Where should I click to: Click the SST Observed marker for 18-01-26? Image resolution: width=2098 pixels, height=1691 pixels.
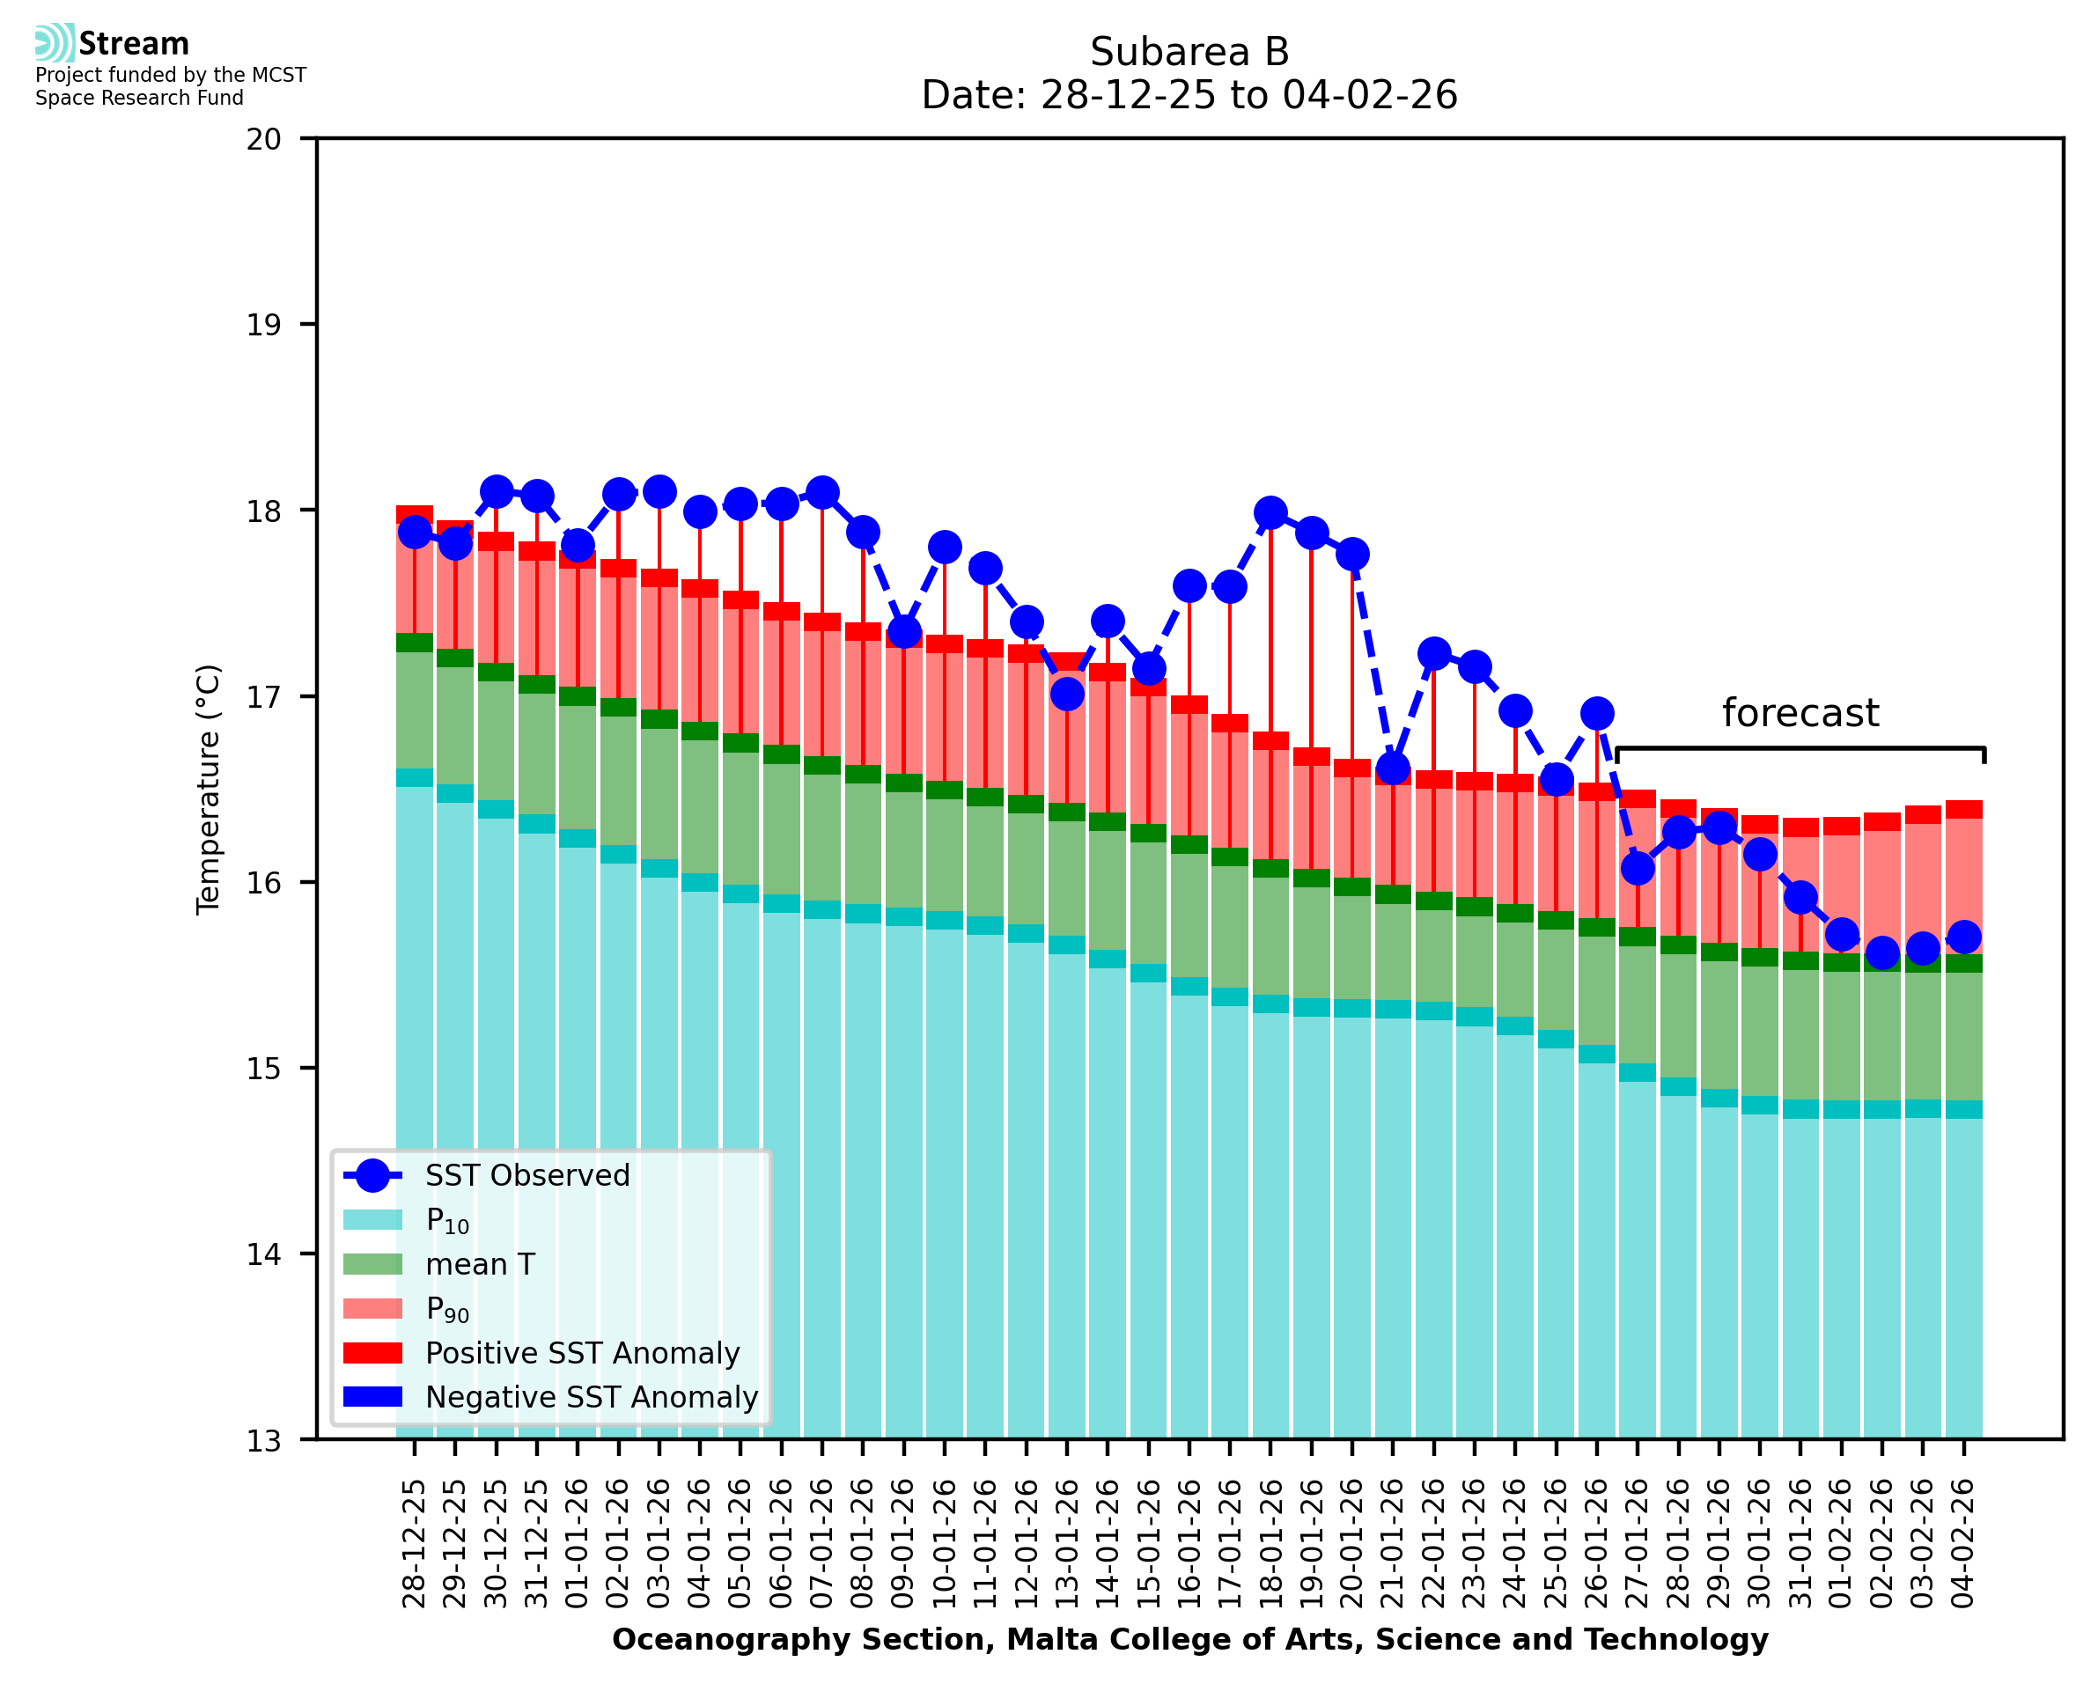click(x=1270, y=512)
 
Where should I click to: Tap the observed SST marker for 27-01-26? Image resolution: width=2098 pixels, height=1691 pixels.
click(x=1638, y=868)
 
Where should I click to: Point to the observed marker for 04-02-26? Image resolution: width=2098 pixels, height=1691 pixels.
click(x=1963, y=937)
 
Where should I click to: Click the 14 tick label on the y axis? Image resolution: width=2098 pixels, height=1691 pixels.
click(x=264, y=1254)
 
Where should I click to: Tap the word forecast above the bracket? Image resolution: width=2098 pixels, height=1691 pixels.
click(x=1800, y=713)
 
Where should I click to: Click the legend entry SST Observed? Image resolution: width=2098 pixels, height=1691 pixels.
click(x=527, y=1176)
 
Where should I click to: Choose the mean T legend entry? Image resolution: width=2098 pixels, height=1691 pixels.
click(x=480, y=1264)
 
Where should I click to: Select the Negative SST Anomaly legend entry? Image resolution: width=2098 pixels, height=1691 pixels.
click(x=592, y=1397)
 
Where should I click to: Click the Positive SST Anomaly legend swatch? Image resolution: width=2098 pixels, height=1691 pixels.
click(x=372, y=1353)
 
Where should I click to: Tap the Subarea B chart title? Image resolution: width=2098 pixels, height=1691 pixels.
click(x=1189, y=52)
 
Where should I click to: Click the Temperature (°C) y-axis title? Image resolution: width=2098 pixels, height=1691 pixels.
click(x=209, y=789)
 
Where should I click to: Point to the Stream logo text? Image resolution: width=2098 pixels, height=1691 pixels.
click(x=134, y=44)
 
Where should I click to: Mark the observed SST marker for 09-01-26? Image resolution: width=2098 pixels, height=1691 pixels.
click(x=904, y=632)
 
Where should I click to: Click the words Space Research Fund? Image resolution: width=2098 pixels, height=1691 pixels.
click(x=139, y=98)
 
